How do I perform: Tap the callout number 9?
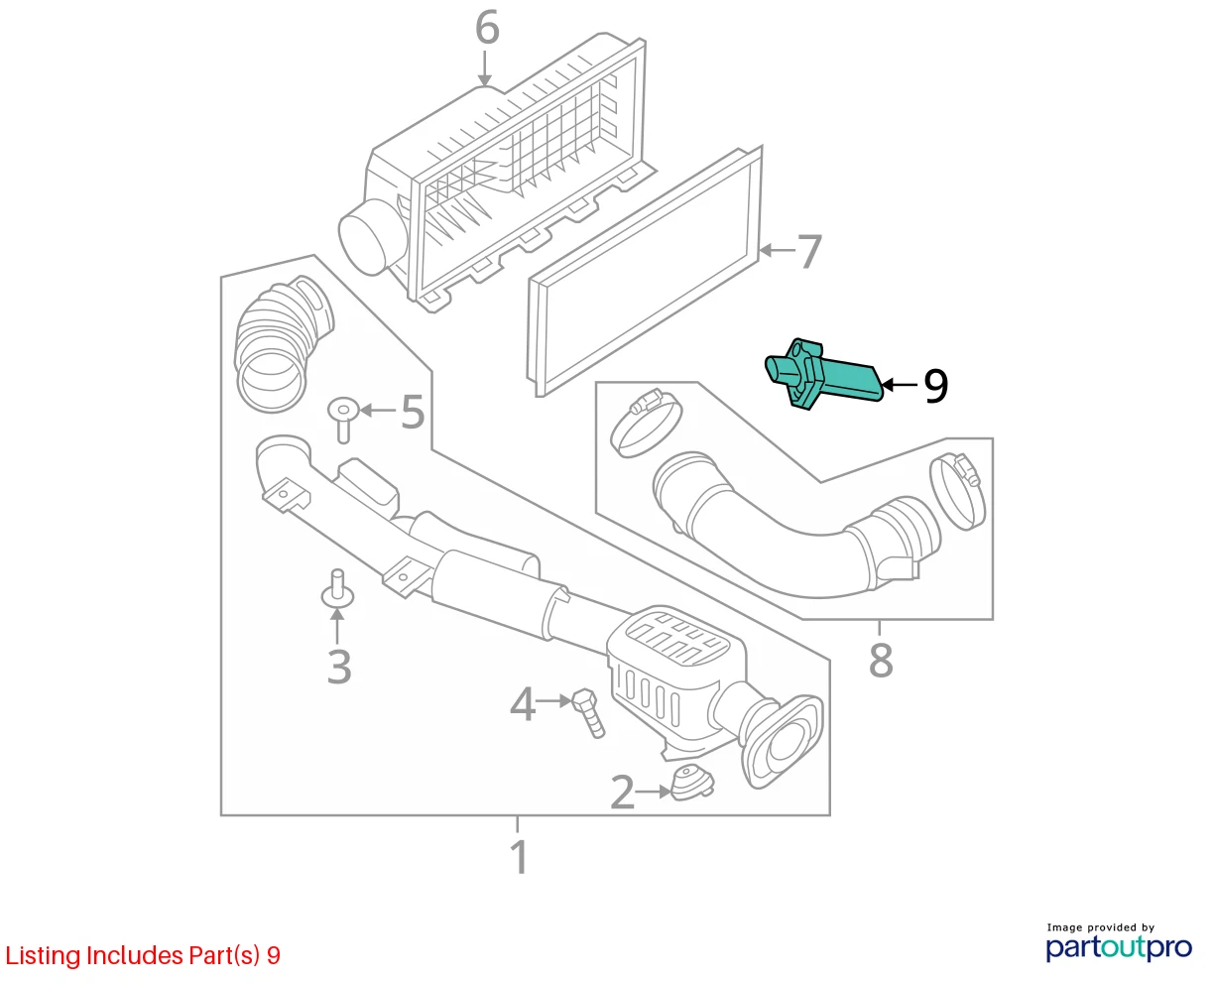click(x=935, y=386)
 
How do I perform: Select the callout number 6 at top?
click(x=487, y=28)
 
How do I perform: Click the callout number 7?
click(x=809, y=251)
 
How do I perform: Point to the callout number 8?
click(x=881, y=661)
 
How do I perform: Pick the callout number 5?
click(x=414, y=412)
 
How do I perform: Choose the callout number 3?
click(x=339, y=667)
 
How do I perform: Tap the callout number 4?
click(x=523, y=704)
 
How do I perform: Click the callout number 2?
click(x=622, y=792)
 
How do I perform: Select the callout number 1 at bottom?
click(x=518, y=857)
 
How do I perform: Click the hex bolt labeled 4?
click(x=588, y=713)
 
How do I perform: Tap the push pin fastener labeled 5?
click(x=343, y=419)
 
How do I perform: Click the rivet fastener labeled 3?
click(x=338, y=588)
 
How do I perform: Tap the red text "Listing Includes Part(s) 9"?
click(x=143, y=955)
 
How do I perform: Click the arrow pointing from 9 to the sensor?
click(x=900, y=385)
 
